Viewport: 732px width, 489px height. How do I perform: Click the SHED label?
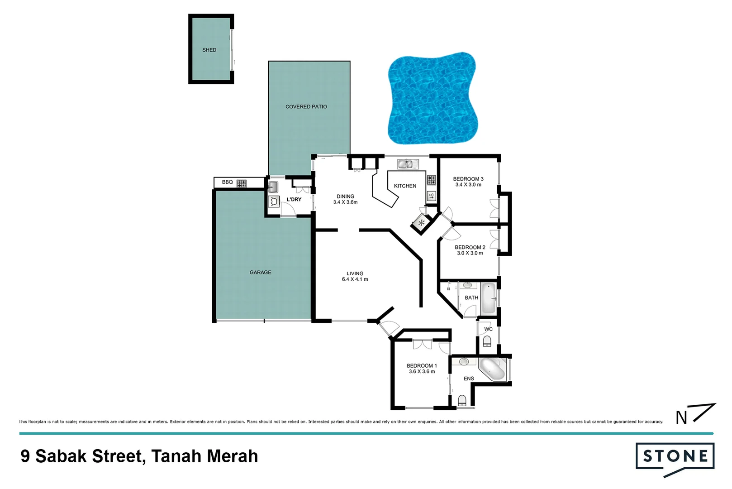point(209,50)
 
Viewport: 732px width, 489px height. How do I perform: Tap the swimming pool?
point(432,99)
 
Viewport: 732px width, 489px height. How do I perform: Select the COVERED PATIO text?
point(306,107)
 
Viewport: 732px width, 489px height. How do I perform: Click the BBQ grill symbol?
point(242,183)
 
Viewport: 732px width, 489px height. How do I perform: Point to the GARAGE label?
point(260,273)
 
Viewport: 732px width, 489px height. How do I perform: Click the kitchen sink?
point(405,164)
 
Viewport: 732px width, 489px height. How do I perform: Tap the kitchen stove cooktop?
point(431,180)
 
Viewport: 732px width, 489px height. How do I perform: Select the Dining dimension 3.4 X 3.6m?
point(345,202)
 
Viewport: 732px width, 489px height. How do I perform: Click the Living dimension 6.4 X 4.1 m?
point(355,279)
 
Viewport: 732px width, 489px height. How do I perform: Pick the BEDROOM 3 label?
point(468,179)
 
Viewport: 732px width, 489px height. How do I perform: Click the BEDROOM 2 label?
point(470,247)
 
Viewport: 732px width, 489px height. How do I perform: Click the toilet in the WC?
point(487,340)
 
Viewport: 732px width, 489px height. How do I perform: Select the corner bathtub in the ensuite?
point(492,369)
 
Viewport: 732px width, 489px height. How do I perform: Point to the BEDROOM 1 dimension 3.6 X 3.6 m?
point(422,372)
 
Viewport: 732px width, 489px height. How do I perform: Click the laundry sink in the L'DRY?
point(273,187)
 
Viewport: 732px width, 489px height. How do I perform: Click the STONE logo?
point(675,457)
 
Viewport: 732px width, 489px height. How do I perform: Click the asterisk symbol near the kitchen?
point(422,222)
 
